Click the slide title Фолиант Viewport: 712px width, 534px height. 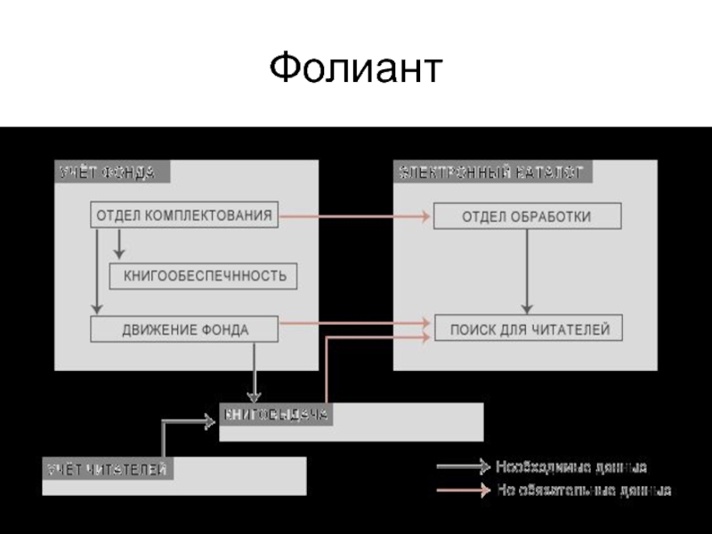tap(355, 69)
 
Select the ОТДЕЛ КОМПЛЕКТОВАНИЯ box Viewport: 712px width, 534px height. tap(184, 214)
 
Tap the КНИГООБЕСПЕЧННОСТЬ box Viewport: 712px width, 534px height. tap(204, 276)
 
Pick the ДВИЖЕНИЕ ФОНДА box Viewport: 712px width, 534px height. tap(184, 329)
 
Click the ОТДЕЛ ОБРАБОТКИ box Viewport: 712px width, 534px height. tap(527, 216)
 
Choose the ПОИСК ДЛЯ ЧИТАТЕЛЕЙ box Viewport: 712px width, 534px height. tap(529, 329)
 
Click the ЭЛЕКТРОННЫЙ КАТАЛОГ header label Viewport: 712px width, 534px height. tap(491, 172)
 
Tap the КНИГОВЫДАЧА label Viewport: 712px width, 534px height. tap(276, 414)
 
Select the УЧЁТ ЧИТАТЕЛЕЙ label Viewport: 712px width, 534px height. tap(108, 468)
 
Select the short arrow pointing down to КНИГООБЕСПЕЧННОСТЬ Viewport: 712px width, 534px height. tap(119, 245)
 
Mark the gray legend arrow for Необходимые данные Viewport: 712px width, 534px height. tap(463, 466)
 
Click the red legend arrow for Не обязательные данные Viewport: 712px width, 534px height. tap(463, 489)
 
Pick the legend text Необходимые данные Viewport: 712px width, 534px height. tap(570, 466)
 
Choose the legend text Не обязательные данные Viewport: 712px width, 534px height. tap(583, 489)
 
